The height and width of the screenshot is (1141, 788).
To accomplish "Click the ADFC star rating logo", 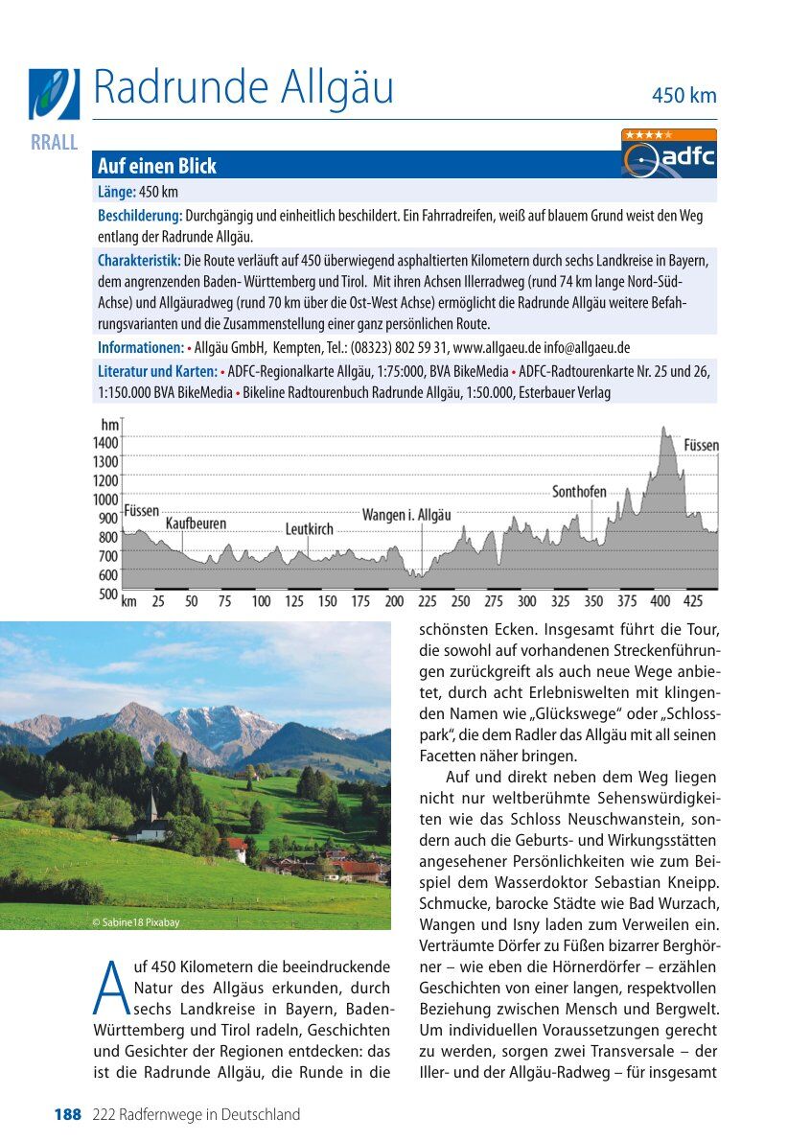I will [668, 153].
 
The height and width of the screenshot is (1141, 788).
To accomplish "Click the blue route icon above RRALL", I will [54, 93].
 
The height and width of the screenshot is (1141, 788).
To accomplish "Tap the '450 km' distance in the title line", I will [684, 96].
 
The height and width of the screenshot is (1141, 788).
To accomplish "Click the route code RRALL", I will [54, 143].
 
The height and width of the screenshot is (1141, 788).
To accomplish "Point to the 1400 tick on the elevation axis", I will [104, 443].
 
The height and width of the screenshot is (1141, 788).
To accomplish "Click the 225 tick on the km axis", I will [428, 601].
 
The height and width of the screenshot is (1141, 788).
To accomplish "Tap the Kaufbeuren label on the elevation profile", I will [197, 524].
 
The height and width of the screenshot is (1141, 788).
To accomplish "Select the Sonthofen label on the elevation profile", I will [579, 492].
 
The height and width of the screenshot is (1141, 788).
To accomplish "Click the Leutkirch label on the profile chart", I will [309, 529].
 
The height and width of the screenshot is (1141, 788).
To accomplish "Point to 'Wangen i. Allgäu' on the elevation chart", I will [406, 515].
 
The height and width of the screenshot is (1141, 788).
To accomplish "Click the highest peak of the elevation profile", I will [663, 431].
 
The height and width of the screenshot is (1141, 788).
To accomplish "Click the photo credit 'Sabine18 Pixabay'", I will [135, 923].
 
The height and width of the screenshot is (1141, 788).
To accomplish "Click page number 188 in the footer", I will [67, 1114].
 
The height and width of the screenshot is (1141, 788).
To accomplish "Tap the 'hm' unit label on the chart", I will [110, 424].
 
